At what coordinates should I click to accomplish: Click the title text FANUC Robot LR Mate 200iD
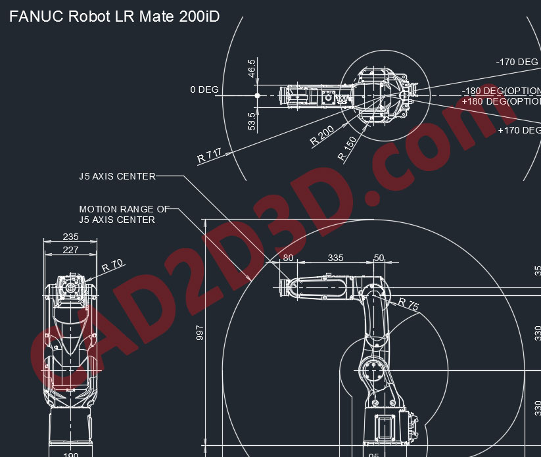114,17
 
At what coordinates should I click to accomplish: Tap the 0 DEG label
204,89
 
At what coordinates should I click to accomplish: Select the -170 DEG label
517,62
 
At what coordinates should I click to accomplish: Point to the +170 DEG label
519,130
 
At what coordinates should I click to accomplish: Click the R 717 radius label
209,156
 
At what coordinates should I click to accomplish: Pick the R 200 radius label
322,135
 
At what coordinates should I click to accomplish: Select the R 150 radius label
347,149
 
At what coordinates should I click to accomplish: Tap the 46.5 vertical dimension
252,68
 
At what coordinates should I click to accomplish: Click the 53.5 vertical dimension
252,120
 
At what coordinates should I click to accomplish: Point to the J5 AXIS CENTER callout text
117,176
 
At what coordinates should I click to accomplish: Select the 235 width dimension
70,237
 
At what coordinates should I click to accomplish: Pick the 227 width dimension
70,250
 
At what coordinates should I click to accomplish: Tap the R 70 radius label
113,266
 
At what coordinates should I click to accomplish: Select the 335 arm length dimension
335,258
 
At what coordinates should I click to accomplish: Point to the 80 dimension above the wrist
288,258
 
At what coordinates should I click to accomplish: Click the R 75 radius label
408,304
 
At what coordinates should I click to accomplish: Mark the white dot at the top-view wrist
257,95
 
